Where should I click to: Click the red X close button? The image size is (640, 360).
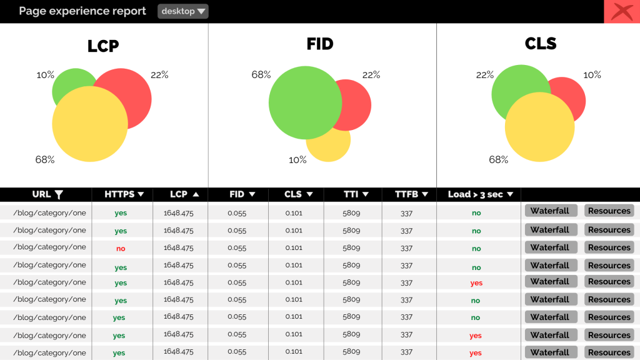(x=621, y=12)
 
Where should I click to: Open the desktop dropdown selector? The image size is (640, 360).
(x=182, y=11)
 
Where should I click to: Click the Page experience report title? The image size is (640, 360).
(x=82, y=11)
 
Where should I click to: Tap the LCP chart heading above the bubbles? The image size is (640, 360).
(x=103, y=46)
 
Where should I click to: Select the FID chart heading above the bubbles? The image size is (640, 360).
(x=319, y=44)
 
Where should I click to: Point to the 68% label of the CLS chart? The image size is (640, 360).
(x=498, y=160)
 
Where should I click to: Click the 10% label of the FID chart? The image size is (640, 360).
(x=297, y=160)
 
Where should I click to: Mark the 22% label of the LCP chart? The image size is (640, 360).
(x=159, y=75)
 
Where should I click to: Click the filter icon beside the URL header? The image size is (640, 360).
(x=59, y=194)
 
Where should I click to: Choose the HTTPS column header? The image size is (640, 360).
(x=124, y=194)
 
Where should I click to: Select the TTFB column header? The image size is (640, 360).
(x=411, y=194)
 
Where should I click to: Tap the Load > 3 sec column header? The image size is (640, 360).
(x=480, y=194)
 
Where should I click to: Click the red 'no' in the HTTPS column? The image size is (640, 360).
(x=121, y=249)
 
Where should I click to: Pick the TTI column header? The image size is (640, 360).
(x=356, y=194)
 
